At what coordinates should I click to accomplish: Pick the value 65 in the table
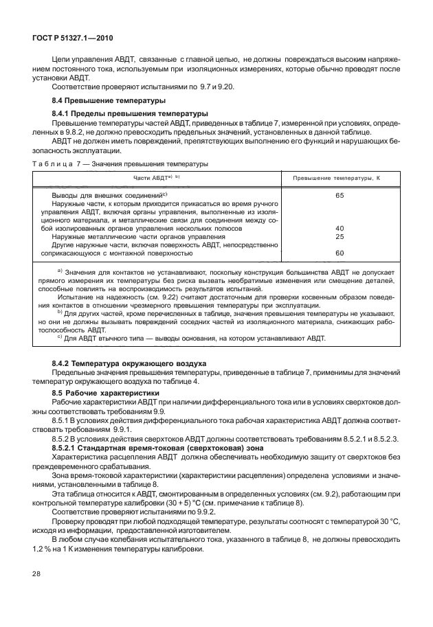(x=339, y=195)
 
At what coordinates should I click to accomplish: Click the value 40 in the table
(x=339, y=228)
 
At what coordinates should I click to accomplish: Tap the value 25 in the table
(x=339, y=236)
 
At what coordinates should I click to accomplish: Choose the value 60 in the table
(x=339, y=253)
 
